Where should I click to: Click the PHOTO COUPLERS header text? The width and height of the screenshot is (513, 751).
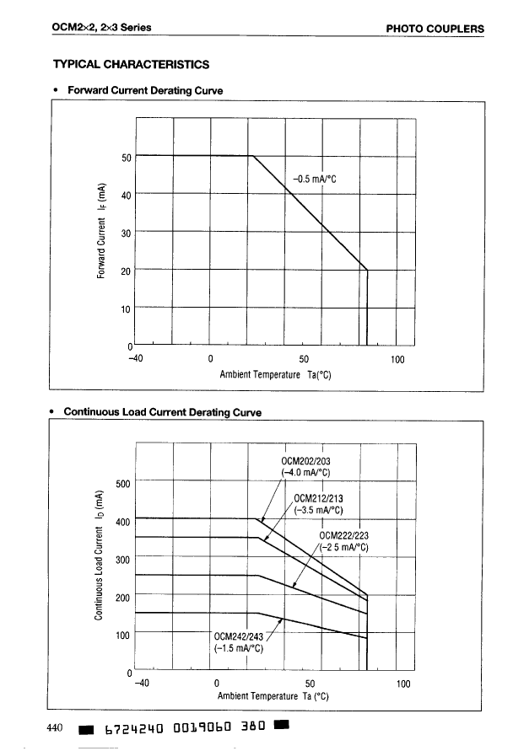coord(435,29)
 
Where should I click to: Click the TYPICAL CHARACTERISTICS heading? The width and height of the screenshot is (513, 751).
coord(131,63)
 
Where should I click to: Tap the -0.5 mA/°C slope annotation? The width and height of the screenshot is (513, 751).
coord(315,179)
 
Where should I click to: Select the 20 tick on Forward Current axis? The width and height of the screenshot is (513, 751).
coord(127,271)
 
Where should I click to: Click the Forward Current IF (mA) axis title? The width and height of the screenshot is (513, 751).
coord(100,230)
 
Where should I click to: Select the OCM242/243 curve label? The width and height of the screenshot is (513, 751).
coord(239,636)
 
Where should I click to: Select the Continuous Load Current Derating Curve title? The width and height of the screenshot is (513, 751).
coord(163,412)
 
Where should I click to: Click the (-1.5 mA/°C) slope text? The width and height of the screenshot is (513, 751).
coord(239,648)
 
